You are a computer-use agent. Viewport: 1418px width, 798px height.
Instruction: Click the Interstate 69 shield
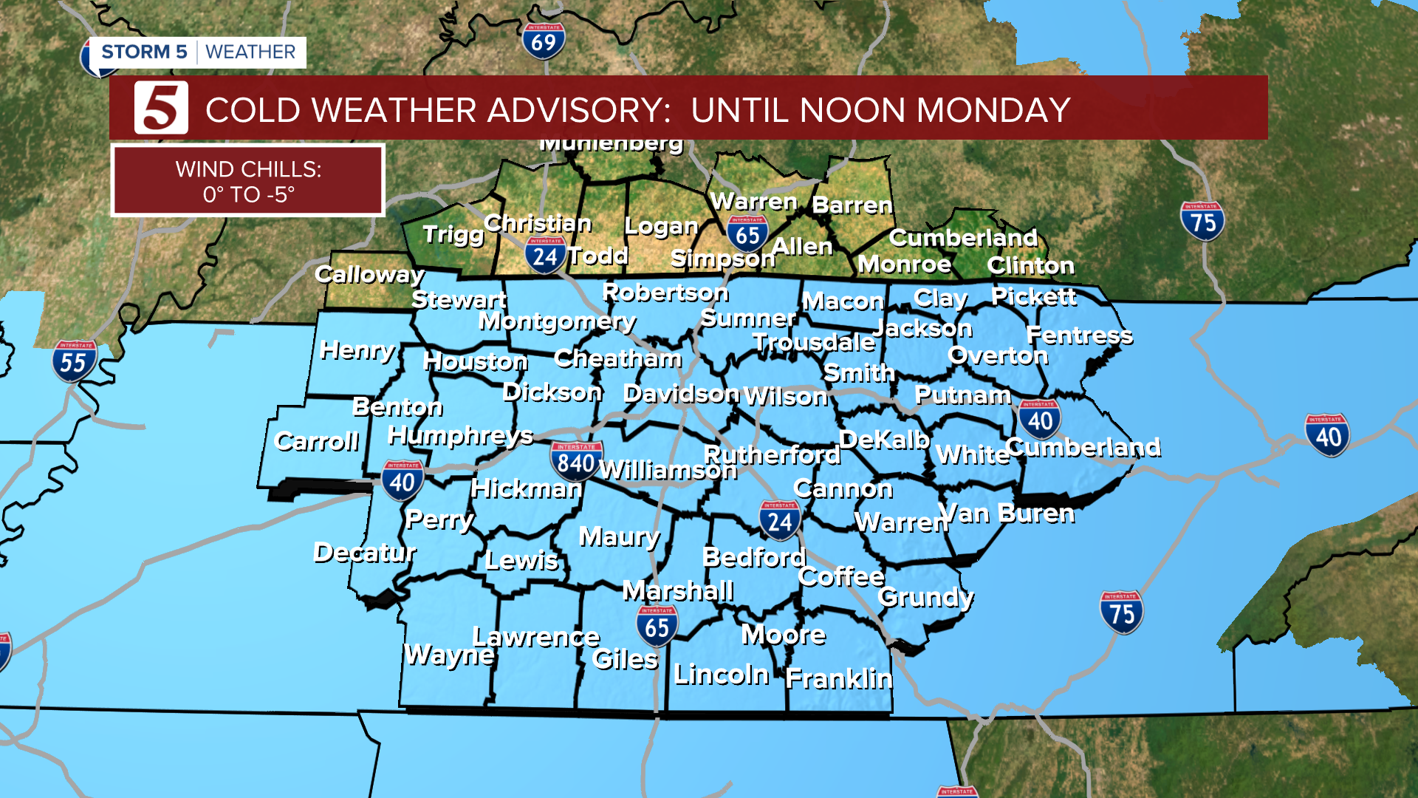(x=544, y=41)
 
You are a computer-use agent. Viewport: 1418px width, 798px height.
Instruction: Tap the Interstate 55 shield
(x=73, y=361)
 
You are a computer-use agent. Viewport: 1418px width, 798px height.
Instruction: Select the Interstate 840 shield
(x=576, y=462)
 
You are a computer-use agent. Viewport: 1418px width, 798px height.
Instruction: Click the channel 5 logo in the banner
(x=161, y=108)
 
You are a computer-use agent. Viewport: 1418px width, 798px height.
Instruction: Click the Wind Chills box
(x=248, y=181)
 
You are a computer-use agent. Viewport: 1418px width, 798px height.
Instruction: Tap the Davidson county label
(x=680, y=394)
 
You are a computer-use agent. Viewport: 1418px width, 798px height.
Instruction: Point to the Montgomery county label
(x=557, y=321)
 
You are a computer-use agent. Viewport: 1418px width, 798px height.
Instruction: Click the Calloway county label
(x=369, y=275)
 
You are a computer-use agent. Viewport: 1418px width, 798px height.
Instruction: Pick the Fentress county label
(x=1079, y=335)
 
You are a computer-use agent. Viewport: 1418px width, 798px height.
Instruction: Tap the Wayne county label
(x=449, y=655)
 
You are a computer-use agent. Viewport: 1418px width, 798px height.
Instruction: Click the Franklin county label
(x=839, y=678)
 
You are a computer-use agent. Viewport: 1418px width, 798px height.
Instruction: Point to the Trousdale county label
(x=813, y=342)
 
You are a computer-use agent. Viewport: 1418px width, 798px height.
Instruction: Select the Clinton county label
(x=1030, y=265)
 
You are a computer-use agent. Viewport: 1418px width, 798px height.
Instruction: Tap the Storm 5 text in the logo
(x=144, y=52)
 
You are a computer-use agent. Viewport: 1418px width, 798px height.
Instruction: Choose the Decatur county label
(x=365, y=552)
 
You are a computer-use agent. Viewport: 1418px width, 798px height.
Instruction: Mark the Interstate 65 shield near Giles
(x=657, y=627)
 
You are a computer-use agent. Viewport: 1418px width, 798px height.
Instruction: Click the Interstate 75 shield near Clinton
(x=1202, y=221)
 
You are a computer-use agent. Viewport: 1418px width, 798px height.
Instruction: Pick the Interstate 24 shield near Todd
(x=545, y=256)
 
